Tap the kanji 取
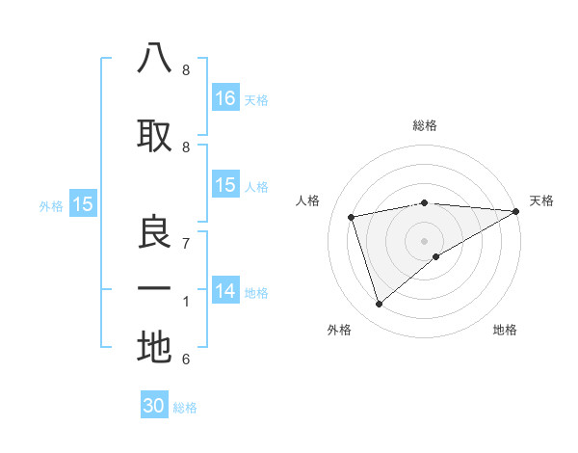154,136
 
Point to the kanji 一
154,289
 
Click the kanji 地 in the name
154,347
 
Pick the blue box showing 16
225,98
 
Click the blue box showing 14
225,291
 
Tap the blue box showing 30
154,406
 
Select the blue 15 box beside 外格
82,203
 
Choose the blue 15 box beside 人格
225,185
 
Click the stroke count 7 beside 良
185,243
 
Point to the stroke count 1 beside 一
185,302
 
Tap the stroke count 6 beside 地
185,360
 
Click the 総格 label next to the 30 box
186,408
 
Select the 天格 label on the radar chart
541,200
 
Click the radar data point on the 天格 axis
516,211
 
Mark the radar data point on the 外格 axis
379,305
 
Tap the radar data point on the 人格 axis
352,216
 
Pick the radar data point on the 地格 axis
436,256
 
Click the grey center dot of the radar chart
424,240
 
